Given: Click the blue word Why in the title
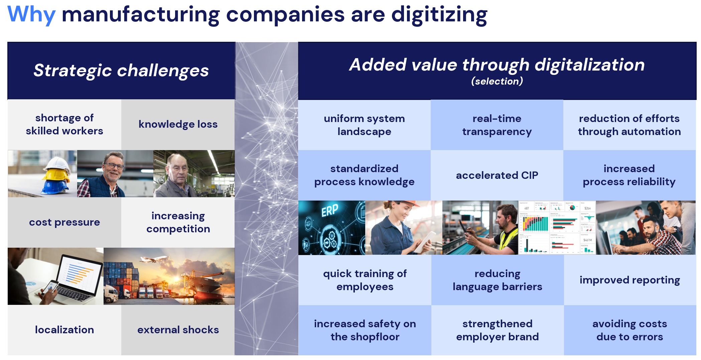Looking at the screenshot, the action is [31, 14].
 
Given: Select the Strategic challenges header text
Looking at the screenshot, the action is [121, 70].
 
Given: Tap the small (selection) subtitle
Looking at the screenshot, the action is [497, 81].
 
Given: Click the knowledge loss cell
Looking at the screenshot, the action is [178, 124].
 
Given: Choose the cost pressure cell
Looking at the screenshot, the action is [64, 222].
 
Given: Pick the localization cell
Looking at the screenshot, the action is [64, 330].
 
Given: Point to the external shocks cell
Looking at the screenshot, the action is [178, 330].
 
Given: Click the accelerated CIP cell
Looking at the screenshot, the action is [497, 175].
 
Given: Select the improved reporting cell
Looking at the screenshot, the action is [630, 280].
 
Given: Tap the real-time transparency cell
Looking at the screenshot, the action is [497, 125].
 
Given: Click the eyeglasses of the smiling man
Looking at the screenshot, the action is [114, 166].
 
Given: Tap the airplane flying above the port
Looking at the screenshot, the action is [154, 259].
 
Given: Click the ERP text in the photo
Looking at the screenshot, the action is [330, 211].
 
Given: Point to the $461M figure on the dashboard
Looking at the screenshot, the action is [587, 240].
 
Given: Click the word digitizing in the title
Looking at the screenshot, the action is [439, 15].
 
